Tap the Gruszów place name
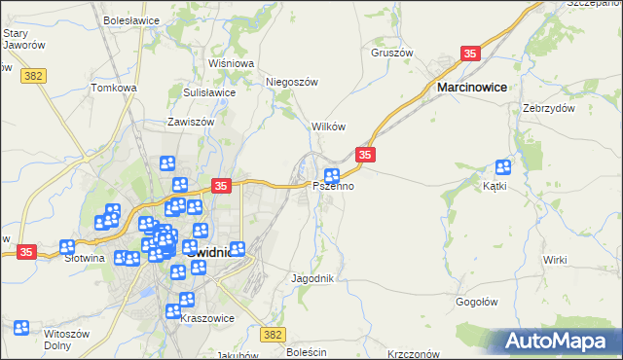[x=392, y=54]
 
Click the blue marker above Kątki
[x=503, y=167]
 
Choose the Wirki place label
[x=555, y=260]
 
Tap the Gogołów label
[x=477, y=302]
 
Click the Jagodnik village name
[x=312, y=278]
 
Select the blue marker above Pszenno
[x=331, y=176]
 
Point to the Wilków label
[x=328, y=127]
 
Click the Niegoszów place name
[x=293, y=83]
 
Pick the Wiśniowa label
[x=231, y=63]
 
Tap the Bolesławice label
[x=130, y=18]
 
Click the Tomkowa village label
[x=114, y=88]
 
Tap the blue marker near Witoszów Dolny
[x=21, y=329]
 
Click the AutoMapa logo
[x=560, y=342]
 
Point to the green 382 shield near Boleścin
[x=274, y=334]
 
